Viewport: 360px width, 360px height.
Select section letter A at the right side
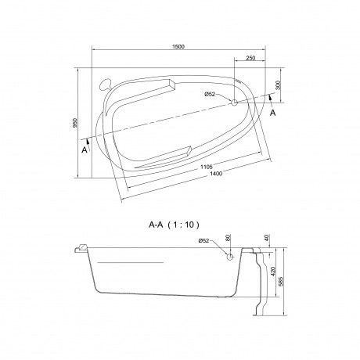pos(272,112)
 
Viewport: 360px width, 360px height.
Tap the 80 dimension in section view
pos(229,241)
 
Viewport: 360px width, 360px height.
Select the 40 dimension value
pos(268,238)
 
